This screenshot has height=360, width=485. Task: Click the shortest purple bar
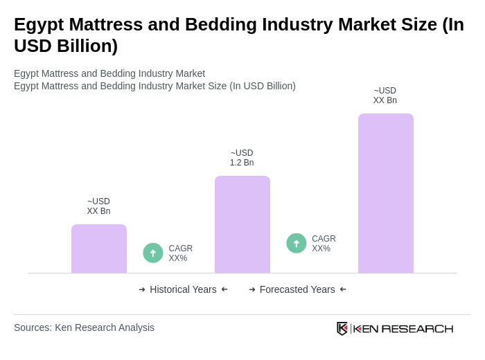98,249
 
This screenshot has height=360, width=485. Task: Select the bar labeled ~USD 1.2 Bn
242,224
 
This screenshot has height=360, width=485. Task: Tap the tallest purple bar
385,193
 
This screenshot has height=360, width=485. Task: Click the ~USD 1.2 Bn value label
242,158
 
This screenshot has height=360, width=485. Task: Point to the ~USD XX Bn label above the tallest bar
385,96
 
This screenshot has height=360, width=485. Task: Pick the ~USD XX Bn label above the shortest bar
98,206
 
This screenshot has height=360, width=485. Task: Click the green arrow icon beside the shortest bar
153,253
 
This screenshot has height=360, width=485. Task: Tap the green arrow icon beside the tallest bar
297,243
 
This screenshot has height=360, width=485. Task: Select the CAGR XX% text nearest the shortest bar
180,253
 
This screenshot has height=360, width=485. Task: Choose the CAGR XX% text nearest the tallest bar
324,244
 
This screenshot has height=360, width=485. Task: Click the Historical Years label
183,289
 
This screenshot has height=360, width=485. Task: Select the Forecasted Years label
297,289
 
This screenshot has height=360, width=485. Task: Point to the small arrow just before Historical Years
142,289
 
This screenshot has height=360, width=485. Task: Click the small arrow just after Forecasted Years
343,289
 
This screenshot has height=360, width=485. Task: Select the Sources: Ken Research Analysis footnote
84,327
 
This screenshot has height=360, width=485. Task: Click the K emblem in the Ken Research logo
342,328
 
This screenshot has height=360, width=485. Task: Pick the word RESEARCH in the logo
417,328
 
